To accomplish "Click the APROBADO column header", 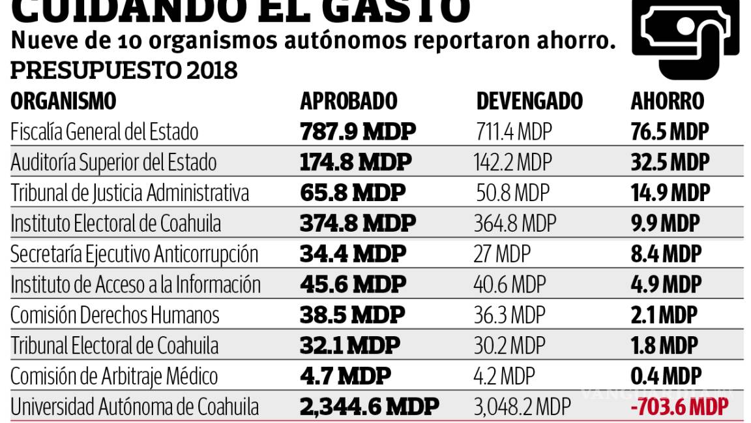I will pyautogui.click(x=348, y=101).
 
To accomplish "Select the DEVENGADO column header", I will pyautogui.click(x=529, y=101).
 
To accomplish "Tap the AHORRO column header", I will pyautogui.click(x=667, y=101).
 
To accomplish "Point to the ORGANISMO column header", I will pyautogui.click(x=63, y=101).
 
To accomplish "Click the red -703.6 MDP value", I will pyautogui.click(x=679, y=407).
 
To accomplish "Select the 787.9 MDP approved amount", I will pyautogui.click(x=357, y=132).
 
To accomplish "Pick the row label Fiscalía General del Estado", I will pyautogui.click(x=104, y=132).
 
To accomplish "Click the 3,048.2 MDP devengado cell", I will pyautogui.click(x=522, y=407).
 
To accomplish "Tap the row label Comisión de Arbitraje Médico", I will pyautogui.click(x=114, y=377).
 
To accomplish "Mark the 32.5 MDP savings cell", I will pyautogui.click(x=669, y=163).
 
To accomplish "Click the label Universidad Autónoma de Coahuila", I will pyautogui.click(x=134, y=407).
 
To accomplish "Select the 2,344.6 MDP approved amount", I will pyautogui.click(x=369, y=407).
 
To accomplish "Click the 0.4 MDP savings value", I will pyautogui.click(x=666, y=377).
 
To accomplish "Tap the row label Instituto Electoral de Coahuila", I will pyautogui.click(x=115, y=223).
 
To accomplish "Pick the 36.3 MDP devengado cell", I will pyautogui.click(x=510, y=315).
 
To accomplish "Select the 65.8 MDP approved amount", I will pyautogui.click(x=352, y=193).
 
